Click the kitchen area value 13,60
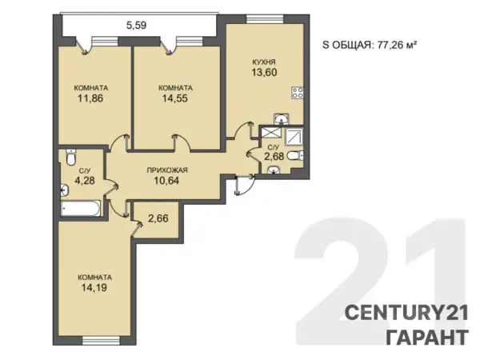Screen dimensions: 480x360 (264, 73)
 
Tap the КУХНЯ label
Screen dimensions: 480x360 (264, 62)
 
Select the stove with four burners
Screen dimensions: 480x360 (298, 93)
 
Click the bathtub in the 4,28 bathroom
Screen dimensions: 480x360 (81, 208)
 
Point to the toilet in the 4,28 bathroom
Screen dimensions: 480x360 (71, 157)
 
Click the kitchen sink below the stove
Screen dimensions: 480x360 (281, 119)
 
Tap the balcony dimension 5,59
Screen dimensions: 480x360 (137, 25)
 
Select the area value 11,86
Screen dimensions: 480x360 (90, 98)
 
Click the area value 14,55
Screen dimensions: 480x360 (175, 98)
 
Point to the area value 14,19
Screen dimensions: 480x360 (94, 288)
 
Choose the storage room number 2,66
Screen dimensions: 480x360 (158, 218)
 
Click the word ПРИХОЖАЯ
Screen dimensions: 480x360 (167, 170)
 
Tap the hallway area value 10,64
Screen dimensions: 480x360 (167, 180)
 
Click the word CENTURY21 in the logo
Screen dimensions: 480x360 (406, 313)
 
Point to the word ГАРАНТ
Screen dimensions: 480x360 (427, 337)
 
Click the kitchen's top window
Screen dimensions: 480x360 (265, 19)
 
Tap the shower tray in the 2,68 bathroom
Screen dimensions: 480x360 (294, 136)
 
